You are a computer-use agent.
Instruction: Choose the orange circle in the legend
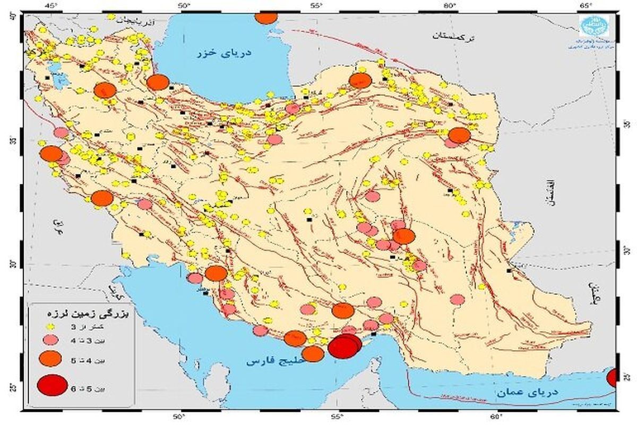click(51, 360)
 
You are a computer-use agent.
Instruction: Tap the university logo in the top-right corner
click(591, 24)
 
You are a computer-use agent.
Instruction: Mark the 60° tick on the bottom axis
click(495, 418)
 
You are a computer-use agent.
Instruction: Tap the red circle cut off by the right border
click(613, 378)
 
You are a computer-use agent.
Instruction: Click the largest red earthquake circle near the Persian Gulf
click(343, 347)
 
